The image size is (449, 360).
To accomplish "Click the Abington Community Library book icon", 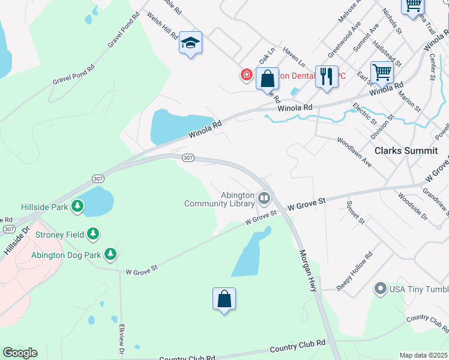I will pyautogui.click(x=264, y=197).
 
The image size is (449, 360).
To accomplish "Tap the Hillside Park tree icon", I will pyautogui.click(x=77, y=207).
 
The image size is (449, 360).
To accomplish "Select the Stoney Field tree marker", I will pyautogui.click(x=93, y=233).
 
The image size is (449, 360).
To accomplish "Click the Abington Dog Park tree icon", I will pyautogui.click(x=110, y=254).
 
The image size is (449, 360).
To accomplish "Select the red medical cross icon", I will pyautogui.click(x=246, y=75).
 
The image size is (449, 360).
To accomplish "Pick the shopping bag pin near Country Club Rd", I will pyautogui.click(x=224, y=299).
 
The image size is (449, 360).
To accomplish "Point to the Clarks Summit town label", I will pyautogui.click(x=405, y=151).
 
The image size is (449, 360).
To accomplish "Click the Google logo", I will pyautogui.click(x=20, y=353).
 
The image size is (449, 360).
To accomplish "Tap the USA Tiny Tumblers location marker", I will pyautogui.click(x=379, y=289).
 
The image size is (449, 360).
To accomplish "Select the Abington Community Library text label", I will pyautogui.click(x=219, y=199).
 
